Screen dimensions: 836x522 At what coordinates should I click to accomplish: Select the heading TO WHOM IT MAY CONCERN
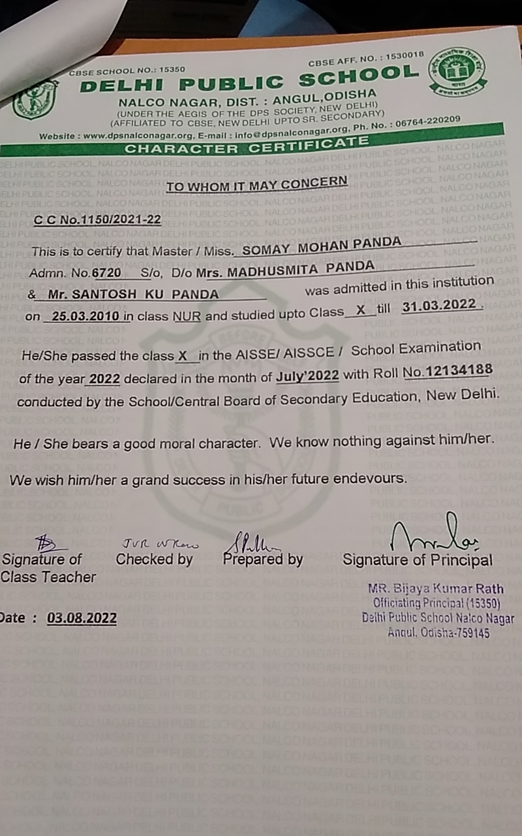(x=256, y=185)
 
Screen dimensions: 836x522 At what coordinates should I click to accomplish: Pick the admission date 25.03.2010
(x=82, y=317)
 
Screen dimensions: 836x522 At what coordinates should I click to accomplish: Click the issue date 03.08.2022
(x=82, y=618)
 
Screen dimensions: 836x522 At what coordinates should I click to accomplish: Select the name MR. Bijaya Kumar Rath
(x=435, y=588)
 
